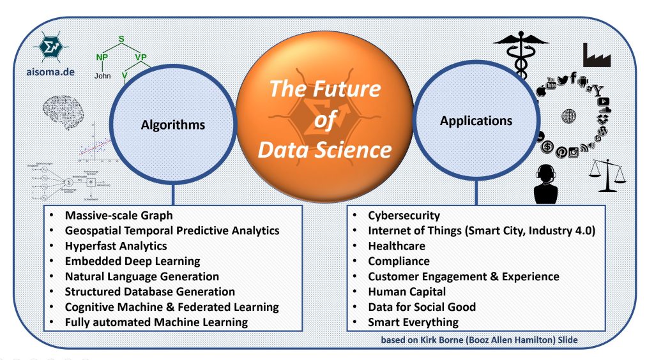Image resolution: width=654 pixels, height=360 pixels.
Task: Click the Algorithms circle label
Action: pyautogui.click(x=173, y=125)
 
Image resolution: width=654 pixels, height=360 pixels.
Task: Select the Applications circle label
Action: pyautogui.click(x=476, y=120)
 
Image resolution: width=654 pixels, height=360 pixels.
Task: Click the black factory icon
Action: pyautogui.click(x=597, y=55)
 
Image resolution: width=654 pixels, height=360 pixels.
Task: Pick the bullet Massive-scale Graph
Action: pyautogui.click(x=118, y=215)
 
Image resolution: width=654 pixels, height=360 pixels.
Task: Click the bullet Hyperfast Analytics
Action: pyautogui.click(x=116, y=246)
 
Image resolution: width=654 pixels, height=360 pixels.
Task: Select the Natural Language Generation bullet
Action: pyautogui.click(x=142, y=276)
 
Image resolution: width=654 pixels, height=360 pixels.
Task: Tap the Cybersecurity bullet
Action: pyautogui.click(x=404, y=215)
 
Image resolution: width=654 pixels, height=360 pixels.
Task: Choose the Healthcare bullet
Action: pyautogui.click(x=396, y=246)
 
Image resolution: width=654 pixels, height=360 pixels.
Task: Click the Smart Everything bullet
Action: pyautogui.click(x=413, y=322)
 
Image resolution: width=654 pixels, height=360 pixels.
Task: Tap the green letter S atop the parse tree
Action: pyautogui.click(x=121, y=40)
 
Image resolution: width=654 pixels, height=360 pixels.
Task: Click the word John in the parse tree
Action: pyautogui.click(x=103, y=74)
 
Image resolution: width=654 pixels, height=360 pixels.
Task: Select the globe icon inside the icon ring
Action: pyautogui.click(x=569, y=116)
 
